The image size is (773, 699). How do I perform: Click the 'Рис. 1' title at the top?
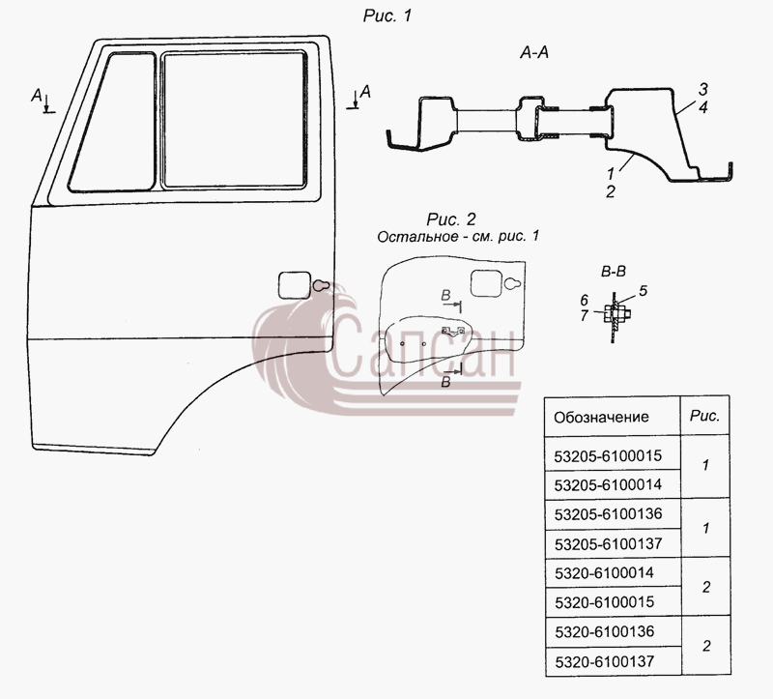pos(387,15)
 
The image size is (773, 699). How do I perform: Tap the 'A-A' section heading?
pos(534,52)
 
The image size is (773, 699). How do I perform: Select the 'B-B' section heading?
pos(614,272)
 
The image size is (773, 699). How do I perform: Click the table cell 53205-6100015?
pos(608,455)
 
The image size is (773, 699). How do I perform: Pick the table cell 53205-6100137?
pos(609,544)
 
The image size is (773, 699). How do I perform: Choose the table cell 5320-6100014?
pos(605,573)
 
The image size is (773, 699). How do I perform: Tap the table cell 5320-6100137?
pos(605,661)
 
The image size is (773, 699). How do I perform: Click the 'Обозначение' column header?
pos(601,418)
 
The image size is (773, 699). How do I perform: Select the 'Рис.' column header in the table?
pos(705,416)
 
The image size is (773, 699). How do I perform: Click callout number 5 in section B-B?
pos(643,291)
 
